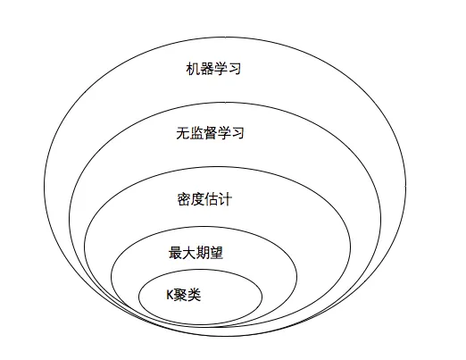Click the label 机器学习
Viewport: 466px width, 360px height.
pyautogui.click(x=213, y=69)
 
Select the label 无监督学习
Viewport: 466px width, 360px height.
pyautogui.click(x=210, y=133)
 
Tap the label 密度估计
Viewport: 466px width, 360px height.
pyautogui.click(x=204, y=199)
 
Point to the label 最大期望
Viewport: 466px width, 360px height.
pyautogui.click(x=196, y=253)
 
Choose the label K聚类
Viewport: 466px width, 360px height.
pyautogui.click(x=183, y=295)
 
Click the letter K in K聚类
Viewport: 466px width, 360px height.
pyautogui.click(x=170, y=295)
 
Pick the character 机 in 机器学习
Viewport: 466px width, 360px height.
pyautogui.click(x=193, y=69)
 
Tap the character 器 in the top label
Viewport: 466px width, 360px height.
pyautogui.click(x=206, y=69)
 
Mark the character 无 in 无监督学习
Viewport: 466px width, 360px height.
pyautogui.click(x=183, y=133)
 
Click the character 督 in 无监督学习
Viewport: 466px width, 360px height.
pyautogui.click(x=210, y=133)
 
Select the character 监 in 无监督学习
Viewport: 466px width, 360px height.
pyautogui.click(x=196, y=133)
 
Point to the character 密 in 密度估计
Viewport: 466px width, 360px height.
pyautogui.click(x=184, y=199)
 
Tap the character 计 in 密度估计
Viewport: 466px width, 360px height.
pyautogui.click(x=225, y=199)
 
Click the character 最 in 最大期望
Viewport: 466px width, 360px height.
pyautogui.click(x=175, y=253)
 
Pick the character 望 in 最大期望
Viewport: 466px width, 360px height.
pyautogui.click(x=216, y=253)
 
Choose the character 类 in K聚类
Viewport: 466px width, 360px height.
pyautogui.click(x=195, y=295)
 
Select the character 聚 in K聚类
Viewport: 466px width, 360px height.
pyautogui.click(x=180, y=295)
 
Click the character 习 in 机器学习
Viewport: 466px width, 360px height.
pyautogui.click(x=234, y=69)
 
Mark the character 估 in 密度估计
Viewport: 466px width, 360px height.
pyautogui.click(x=212, y=199)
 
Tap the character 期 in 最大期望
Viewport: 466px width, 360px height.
pyautogui.click(x=203, y=253)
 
